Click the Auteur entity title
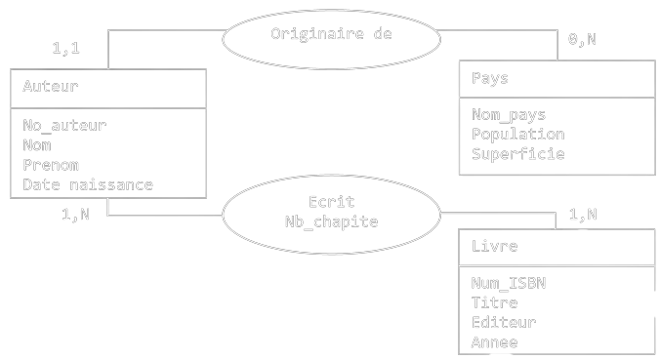pyautogui.click(x=51, y=86)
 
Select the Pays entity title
pyautogui.click(x=490, y=78)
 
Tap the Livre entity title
pyautogui.click(x=494, y=246)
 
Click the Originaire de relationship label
pyautogui.click(x=331, y=33)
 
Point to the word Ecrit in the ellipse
pyautogui.click(x=330, y=202)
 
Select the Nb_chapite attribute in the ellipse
pyautogui.click(x=330, y=221)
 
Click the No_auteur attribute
pyautogui.click(x=64, y=125)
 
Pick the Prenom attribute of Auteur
pyautogui.click(x=51, y=165)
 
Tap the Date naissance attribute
pyautogui.click(x=88, y=184)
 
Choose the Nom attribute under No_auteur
pyautogui.click(x=37, y=145)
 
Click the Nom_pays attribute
pyautogui.click(x=509, y=115)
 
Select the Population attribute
pyautogui.click(x=518, y=134)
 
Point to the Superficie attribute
pyautogui.click(x=518, y=153)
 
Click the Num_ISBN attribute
pyautogui.click(x=509, y=283)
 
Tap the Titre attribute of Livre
pyautogui.click(x=494, y=302)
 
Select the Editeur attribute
pyautogui.click(x=504, y=322)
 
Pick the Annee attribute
pyautogui.click(x=494, y=341)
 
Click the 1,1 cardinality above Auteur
pyautogui.click(x=65, y=47)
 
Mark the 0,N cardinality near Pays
pyautogui.click(x=582, y=40)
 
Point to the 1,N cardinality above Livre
pyautogui.click(x=583, y=215)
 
